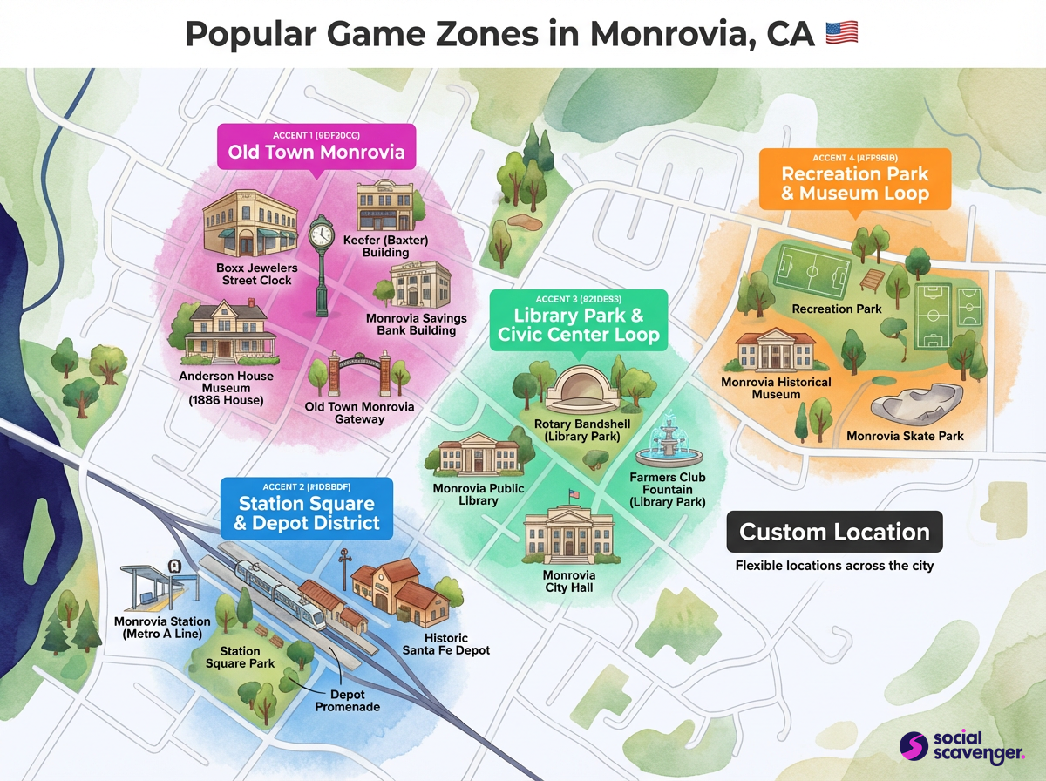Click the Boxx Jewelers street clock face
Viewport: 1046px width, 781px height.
click(322, 234)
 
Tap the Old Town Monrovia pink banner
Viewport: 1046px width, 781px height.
click(316, 146)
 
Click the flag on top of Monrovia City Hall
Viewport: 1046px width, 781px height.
click(573, 495)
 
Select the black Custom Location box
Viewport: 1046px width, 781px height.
click(834, 532)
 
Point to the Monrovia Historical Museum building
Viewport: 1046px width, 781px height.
click(775, 350)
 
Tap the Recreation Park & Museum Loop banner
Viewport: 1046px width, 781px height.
click(854, 179)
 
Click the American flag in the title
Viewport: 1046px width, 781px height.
click(841, 33)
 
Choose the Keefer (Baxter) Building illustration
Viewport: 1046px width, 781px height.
click(388, 207)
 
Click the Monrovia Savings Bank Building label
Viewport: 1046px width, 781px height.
click(416, 324)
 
